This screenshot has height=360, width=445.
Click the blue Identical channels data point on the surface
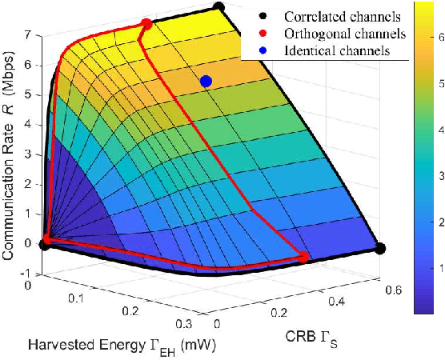206,81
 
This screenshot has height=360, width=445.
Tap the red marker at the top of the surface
146,25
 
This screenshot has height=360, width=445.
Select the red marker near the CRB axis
304,256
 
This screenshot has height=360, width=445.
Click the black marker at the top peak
218,7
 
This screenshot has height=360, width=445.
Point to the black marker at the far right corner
380,248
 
